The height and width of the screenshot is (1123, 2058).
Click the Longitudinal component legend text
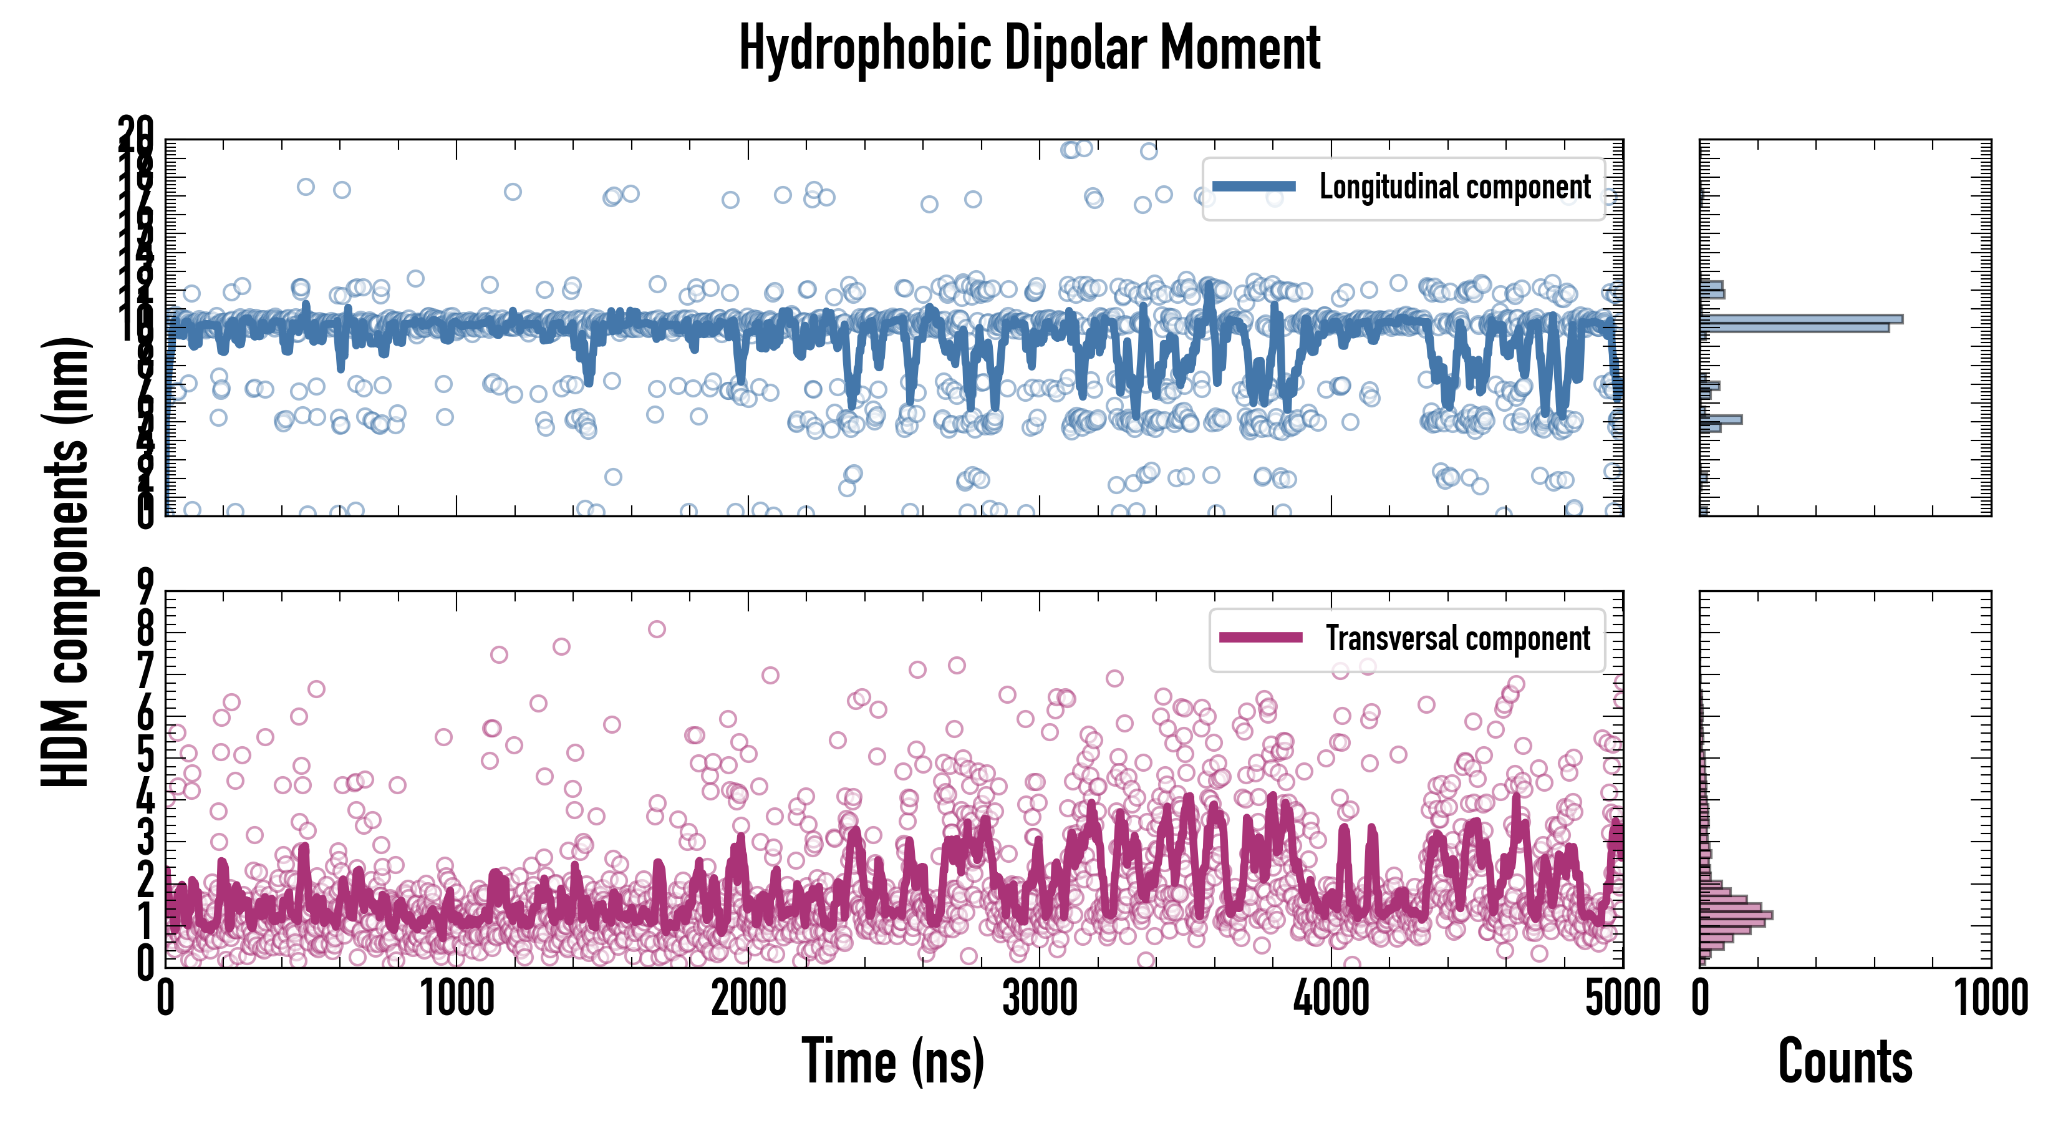[1454, 187]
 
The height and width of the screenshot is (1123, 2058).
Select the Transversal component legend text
[1457, 639]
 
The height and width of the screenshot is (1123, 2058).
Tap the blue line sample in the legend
[1254, 187]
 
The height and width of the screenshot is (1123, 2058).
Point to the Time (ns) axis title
[892, 1061]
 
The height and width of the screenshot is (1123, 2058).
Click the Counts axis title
[1845, 1061]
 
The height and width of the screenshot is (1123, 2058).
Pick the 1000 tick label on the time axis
[457, 998]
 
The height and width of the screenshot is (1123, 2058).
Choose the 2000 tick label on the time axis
[748, 998]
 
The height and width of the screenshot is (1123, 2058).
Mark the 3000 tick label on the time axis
[1040, 998]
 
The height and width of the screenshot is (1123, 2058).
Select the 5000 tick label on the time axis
[1623, 998]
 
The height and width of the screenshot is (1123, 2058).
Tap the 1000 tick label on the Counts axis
[1990, 998]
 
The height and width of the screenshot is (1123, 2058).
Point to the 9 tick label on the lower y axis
[145, 590]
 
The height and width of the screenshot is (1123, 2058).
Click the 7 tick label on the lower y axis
[145, 673]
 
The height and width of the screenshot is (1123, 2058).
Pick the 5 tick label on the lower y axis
[145, 757]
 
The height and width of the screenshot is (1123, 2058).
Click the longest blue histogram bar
[1801, 319]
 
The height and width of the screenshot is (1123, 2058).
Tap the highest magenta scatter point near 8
[657, 629]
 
